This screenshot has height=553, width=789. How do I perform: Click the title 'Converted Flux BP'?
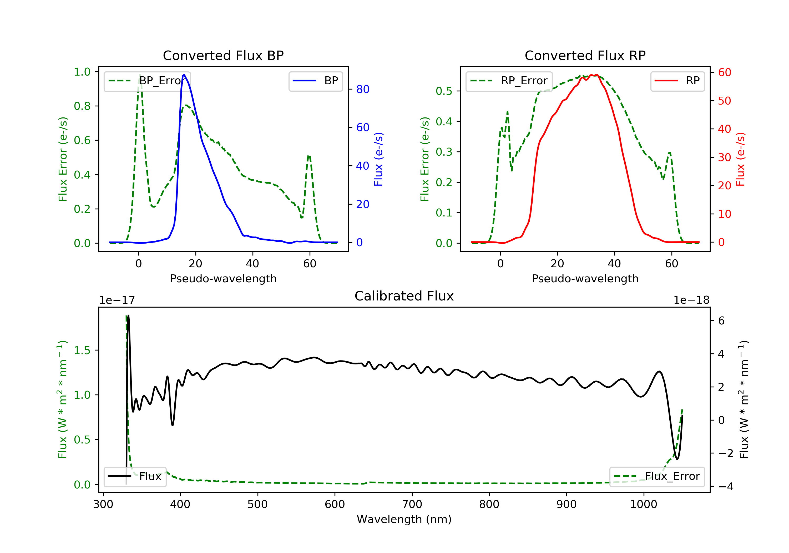223,55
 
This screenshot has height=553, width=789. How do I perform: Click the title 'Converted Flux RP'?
585,55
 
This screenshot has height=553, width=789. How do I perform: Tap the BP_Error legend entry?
147,81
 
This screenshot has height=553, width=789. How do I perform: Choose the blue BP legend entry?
315,81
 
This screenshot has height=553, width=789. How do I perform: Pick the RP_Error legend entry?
509,81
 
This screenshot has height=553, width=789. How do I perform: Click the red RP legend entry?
677,81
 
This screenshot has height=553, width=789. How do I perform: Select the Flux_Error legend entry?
657,476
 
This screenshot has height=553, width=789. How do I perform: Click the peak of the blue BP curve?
184,75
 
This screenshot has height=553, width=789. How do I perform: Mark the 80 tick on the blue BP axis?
362,89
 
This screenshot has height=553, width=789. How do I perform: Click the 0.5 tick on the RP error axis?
444,91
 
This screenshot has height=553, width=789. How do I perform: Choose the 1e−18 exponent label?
691,300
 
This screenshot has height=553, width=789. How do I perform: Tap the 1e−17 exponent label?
117,300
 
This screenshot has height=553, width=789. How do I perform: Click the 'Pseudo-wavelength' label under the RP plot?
585,278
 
